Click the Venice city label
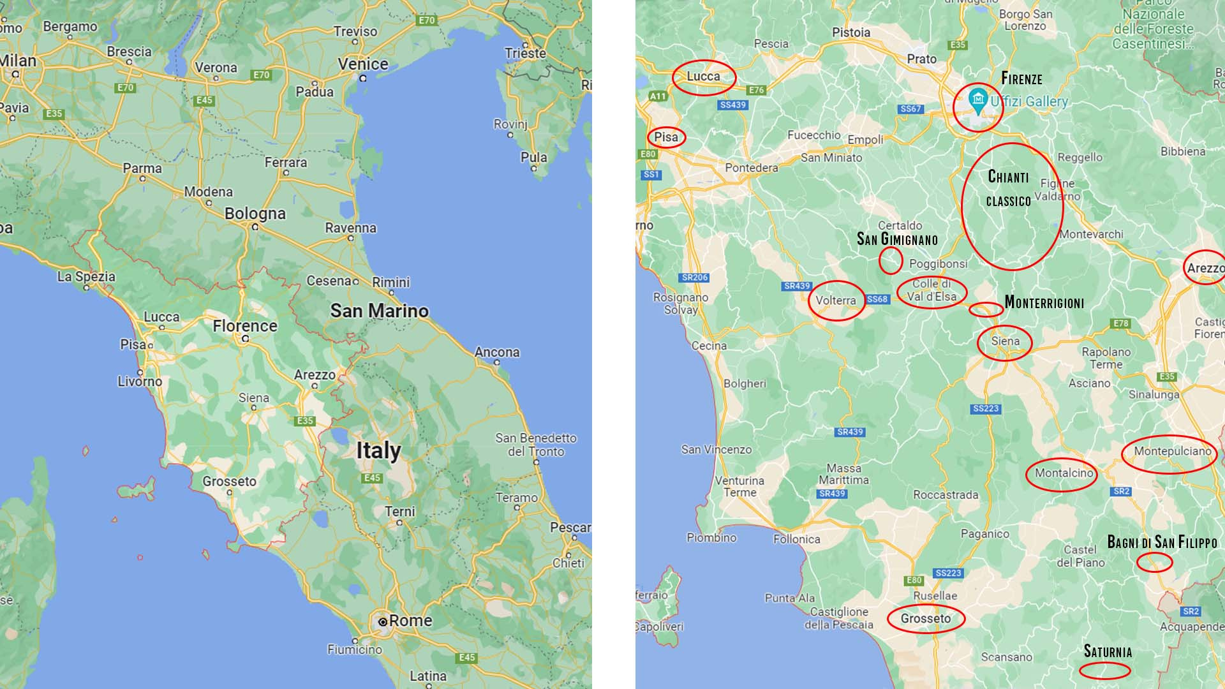tap(363, 64)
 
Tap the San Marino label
tap(379, 311)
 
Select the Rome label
tap(410, 621)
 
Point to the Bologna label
tap(255, 214)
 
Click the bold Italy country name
tap(378, 450)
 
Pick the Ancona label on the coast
tap(496, 352)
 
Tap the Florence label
tap(245, 326)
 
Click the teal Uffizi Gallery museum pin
tap(977, 100)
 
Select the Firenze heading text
tap(1021, 79)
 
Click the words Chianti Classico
tap(1009, 189)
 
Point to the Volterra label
tap(835, 300)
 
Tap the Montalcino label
tap(1064, 473)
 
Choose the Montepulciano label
tap(1172, 451)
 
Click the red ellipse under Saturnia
tap(1104, 670)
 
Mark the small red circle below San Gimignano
tap(891, 260)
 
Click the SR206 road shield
tap(695, 278)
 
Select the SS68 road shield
tap(877, 299)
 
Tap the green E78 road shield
tap(1121, 324)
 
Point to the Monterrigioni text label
tap(1044, 302)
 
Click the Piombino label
tap(711, 538)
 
